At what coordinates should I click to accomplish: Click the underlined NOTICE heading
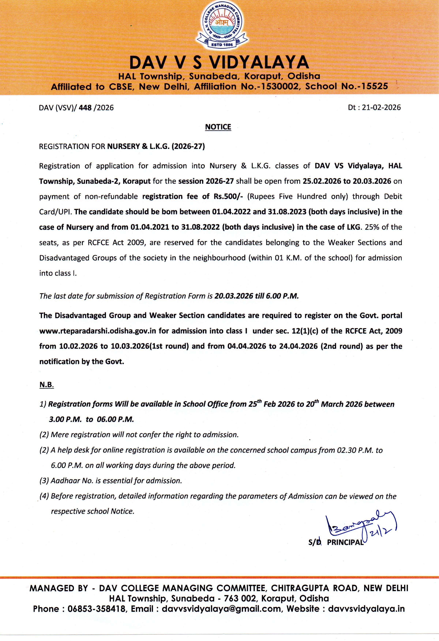tap(218, 127)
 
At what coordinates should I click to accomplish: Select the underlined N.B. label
tap(46, 385)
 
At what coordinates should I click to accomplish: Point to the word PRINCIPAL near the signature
tap(345, 542)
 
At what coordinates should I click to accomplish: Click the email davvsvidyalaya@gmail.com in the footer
tap(221, 608)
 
